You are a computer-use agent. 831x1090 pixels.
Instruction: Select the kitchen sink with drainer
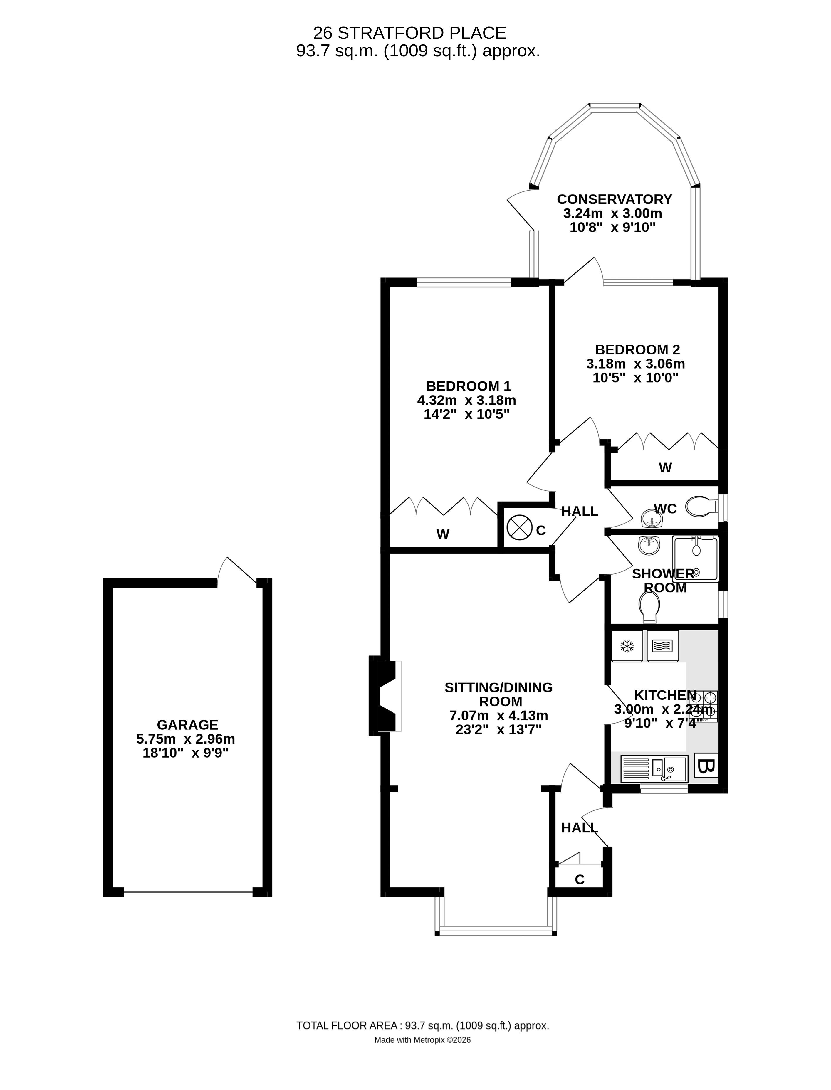(x=654, y=769)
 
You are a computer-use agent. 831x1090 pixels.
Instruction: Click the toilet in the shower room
(x=649, y=607)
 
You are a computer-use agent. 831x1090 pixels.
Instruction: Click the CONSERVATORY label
(x=614, y=199)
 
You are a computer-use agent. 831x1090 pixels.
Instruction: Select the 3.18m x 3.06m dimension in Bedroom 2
(x=636, y=364)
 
